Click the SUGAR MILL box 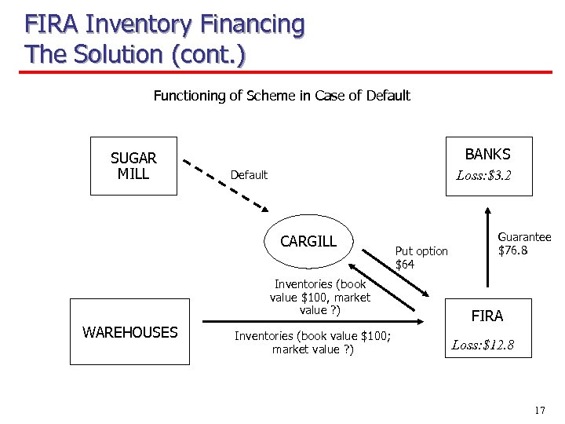pos(133,166)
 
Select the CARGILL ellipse pos(308,241)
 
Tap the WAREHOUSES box pos(130,332)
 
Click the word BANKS pos(487,154)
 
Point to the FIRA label pos(487,316)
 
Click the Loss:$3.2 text pos(483,175)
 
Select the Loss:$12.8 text pos(483,344)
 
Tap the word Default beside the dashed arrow pos(249,175)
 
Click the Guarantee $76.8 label pos(523,243)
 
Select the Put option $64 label pos(421,258)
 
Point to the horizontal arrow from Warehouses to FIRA pos(314,321)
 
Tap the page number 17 pos(538,411)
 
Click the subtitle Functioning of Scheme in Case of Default pos(282,96)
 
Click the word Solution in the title pos(118,54)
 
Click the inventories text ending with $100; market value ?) pos(313,342)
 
